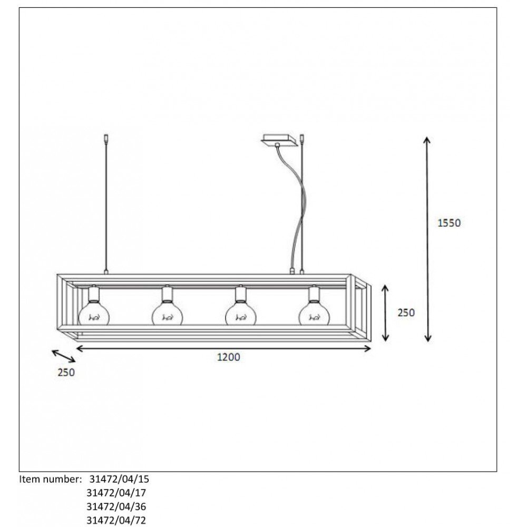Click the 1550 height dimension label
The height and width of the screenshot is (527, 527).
tap(449, 223)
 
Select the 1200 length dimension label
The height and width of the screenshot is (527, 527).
tap(229, 357)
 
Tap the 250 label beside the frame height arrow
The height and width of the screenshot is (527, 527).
tap(406, 313)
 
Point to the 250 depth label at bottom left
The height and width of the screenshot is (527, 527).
tap(66, 373)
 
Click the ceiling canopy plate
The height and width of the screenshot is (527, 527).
tap(280, 141)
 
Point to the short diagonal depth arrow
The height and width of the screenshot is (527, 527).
tap(64, 356)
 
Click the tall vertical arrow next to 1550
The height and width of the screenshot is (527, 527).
tap(427, 239)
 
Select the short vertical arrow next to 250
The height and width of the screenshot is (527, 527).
tap(386, 313)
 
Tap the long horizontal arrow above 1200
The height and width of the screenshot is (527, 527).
tap(223, 348)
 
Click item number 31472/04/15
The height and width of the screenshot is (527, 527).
tap(119, 479)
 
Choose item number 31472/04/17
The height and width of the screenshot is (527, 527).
tap(116, 493)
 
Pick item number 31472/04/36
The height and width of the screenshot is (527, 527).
tap(116, 506)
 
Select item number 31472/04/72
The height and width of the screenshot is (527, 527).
tap(116, 520)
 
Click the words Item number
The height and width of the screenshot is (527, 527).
tap(51, 479)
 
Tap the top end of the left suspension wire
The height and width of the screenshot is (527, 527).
tap(106, 135)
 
